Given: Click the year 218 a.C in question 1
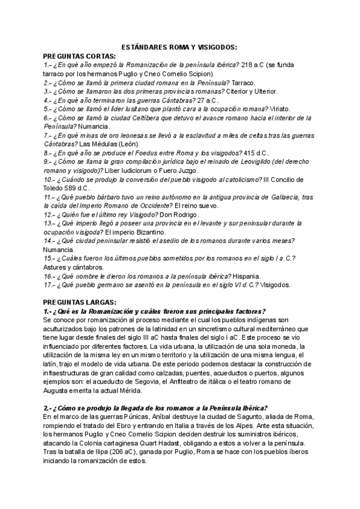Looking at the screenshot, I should (x=250, y=64).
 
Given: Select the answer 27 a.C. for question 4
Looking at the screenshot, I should (x=206, y=100).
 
